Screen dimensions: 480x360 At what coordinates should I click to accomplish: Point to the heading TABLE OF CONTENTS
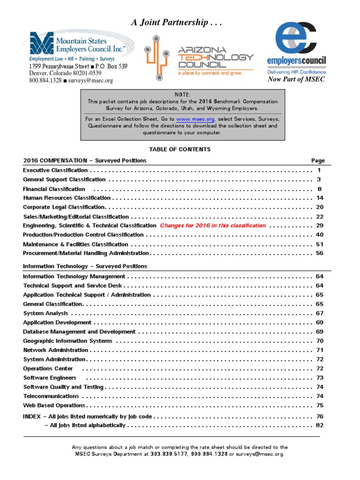click(180, 150)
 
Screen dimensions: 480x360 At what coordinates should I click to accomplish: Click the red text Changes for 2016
click(213, 225)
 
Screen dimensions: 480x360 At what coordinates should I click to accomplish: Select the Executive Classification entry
click(55, 170)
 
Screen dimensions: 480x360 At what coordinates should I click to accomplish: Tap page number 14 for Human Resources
click(320, 198)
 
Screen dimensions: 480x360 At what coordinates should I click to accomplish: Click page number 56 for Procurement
click(320, 253)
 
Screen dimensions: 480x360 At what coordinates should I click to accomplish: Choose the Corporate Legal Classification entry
click(64, 207)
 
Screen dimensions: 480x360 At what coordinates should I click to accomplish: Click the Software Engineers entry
click(50, 377)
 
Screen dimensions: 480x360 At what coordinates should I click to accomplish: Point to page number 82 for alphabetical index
click(320, 425)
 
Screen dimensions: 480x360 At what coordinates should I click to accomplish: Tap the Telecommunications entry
click(51, 396)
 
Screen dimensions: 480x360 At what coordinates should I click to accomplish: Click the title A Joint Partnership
click(176, 22)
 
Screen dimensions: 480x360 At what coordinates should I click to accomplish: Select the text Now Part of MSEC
click(296, 79)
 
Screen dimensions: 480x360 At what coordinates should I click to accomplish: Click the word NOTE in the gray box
click(182, 95)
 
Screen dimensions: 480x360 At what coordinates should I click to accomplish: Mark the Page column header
click(318, 160)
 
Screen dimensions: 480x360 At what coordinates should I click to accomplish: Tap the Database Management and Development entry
click(79, 331)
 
